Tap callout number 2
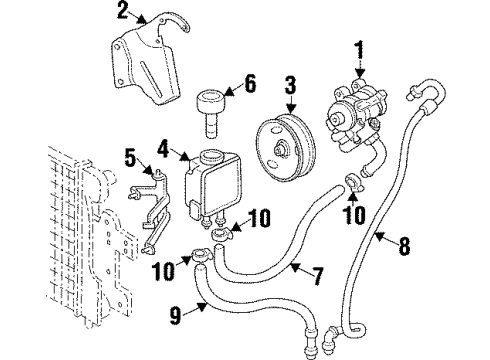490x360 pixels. pos(123,13)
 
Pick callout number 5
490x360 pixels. pos(131,157)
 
